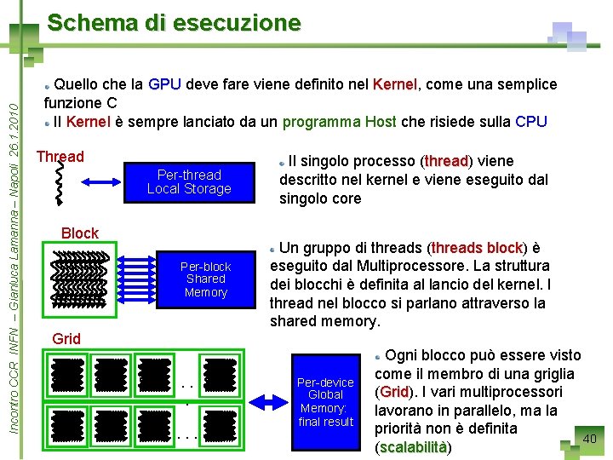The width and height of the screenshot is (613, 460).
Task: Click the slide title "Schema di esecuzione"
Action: click(x=174, y=23)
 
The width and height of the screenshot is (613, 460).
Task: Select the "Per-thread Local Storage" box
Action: click(x=189, y=181)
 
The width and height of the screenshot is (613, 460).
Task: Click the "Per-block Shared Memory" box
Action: click(x=206, y=279)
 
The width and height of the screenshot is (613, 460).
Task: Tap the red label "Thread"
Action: click(x=60, y=157)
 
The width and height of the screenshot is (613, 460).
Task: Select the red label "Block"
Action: click(x=80, y=233)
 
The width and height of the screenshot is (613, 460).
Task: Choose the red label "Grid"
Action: click(x=66, y=339)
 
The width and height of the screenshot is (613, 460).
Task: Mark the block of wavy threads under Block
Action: click(x=82, y=279)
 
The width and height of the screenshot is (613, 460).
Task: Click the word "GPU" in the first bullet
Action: click(x=164, y=84)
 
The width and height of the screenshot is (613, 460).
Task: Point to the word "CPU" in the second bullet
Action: click(x=531, y=122)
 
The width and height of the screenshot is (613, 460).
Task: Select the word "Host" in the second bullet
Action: click(x=380, y=122)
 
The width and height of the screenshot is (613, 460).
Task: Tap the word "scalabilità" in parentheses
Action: click(x=413, y=447)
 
